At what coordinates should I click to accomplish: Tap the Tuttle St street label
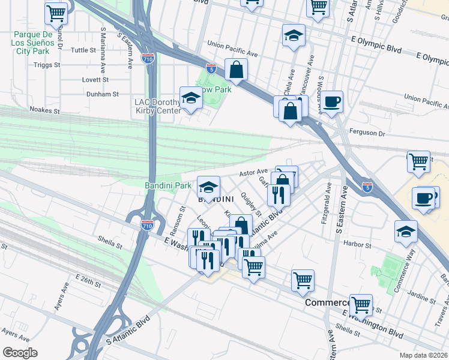point(83,50)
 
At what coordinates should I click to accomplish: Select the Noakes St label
point(45,110)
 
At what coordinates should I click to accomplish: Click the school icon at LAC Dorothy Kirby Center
point(191,99)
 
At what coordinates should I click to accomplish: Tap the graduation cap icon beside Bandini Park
point(209,188)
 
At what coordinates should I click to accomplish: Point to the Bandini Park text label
point(168,186)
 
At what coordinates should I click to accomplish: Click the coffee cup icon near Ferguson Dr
point(331,101)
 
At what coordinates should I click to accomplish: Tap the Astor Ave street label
point(253,172)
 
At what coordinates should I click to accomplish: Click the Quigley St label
point(251,204)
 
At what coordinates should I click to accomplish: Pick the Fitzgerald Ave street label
point(328,205)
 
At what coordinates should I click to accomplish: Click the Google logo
point(20,353)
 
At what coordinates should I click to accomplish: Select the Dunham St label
point(103,94)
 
